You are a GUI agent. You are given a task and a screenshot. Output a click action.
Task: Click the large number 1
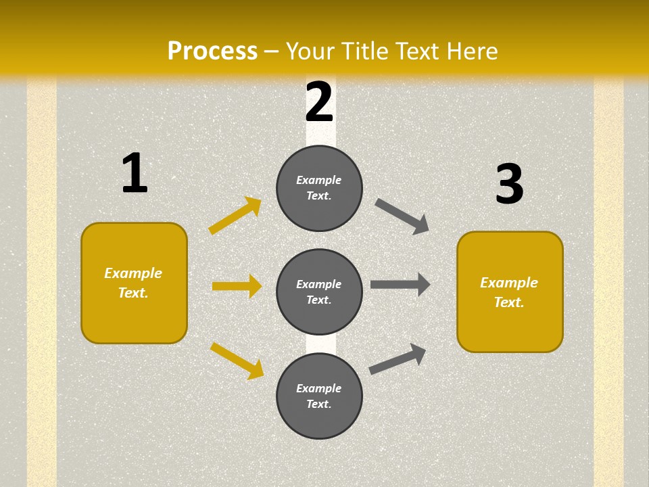tap(135, 174)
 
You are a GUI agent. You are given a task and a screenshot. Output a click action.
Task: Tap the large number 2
tap(319, 103)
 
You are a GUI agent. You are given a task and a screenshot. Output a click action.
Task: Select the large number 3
tap(509, 185)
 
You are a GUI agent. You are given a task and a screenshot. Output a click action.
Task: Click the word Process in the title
tap(212, 51)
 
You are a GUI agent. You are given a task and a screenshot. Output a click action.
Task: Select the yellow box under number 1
tap(134, 283)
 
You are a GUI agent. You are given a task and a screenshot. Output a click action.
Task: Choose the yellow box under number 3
tap(510, 292)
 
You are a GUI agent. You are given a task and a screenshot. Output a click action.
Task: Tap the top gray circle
tap(319, 188)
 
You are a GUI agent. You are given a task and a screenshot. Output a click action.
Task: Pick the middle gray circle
tap(319, 292)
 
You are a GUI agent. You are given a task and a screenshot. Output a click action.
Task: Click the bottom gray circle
tap(319, 396)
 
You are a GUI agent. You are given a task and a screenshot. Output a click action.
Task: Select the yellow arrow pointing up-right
tap(235, 216)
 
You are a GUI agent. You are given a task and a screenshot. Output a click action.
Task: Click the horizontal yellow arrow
tap(237, 286)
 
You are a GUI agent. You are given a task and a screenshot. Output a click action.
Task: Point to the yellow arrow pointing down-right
tap(237, 360)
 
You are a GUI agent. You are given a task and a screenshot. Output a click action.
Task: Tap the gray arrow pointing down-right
tap(402, 216)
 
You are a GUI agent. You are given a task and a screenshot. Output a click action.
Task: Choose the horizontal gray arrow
tap(400, 285)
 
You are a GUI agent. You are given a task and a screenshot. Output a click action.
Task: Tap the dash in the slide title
tap(272, 51)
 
